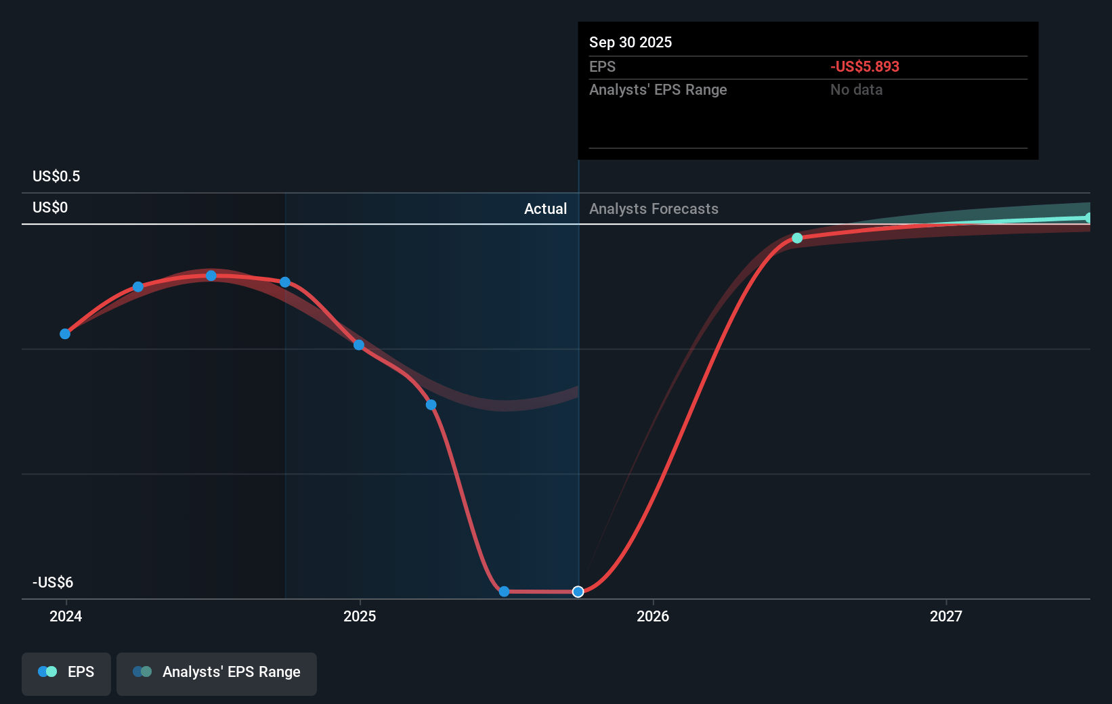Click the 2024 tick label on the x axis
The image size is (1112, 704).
click(x=66, y=616)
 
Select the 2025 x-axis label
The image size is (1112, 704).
click(x=360, y=616)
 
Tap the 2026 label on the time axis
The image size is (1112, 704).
click(x=653, y=616)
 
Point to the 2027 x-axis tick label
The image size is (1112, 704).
click(x=945, y=616)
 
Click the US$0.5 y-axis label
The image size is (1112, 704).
click(x=56, y=177)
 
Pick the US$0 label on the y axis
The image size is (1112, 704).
click(x=50, y=208)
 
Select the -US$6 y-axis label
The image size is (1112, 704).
click(x=53, y=582)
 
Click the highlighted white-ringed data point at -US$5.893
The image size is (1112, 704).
click(x=578, y=592)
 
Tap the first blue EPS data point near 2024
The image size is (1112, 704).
click(x=65, y=334)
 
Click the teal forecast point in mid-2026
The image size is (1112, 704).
click(x=797, y=238)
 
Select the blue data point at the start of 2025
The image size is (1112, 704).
click(x=359, y=345)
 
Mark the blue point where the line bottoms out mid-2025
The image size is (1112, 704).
click(x=504, y=592)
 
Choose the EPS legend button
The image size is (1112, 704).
click(x=66, y=673)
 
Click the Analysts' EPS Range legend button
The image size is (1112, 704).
click(x=217, y=673)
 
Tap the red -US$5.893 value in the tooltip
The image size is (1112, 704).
click(x=865, y=66)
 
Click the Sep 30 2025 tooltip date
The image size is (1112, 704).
click(x=630, y=42)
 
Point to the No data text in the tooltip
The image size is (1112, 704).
click(x=856, y=89)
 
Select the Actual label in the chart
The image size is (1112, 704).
click(x=545, y=208)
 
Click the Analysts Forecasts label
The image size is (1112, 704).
click(x=654, y=208)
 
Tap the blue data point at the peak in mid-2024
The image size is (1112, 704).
click(x=211, y=276)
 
